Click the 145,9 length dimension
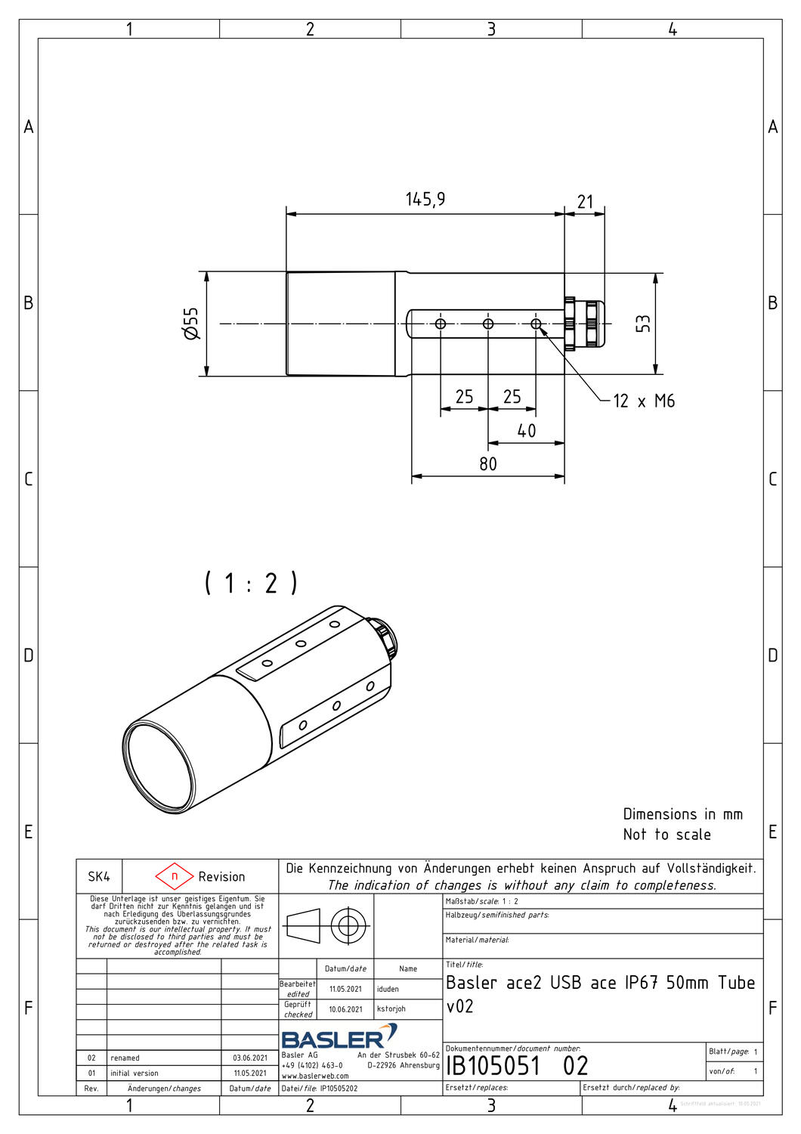click(x=425, y=200)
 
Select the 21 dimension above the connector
click(x=585, y=202)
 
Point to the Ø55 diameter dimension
click(x=192, y=324)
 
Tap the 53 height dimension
click(x=643, y=324)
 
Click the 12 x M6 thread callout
click(x=643, y=401)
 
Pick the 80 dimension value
click(x=488, y=464)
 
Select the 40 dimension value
click(x=526, y=431)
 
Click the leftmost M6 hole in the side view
click(x=441, y=324)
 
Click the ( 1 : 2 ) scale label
click(x=251, y=583)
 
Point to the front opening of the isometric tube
click(x=159, y=767)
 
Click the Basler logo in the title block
click(x=339, y=1036)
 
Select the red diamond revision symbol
click(x=175, y=876)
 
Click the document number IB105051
click(x=493, y=1066)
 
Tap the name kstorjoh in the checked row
click(x=391, y=1009)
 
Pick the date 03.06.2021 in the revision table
click(x=249, y=1058)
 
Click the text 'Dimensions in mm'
click(x=682, y=814)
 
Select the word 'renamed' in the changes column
click(x=125, y=1058)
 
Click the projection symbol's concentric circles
click(x=348, y=925)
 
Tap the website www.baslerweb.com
click(x=315, y=1076)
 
